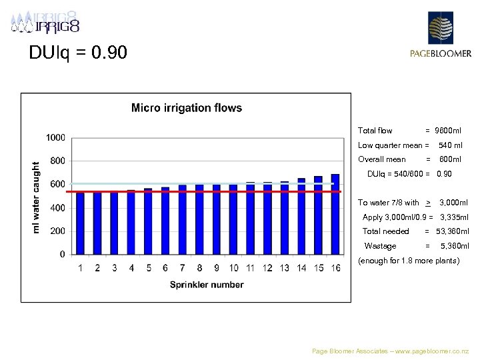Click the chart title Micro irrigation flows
(187, 107)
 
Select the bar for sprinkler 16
(335, 214)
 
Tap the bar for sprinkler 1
(81, 223)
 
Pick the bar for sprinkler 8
(199, 219)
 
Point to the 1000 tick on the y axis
(55, 137)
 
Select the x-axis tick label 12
(267, 268)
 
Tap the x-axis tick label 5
(148, 268)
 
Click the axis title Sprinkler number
(207, 285)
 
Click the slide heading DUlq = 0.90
(78, 52)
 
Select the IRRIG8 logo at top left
(45, 24)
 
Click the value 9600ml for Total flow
(448, 131)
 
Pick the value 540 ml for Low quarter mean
(450, 145)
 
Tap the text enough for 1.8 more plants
(409, 261)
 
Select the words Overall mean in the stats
(381, 159)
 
